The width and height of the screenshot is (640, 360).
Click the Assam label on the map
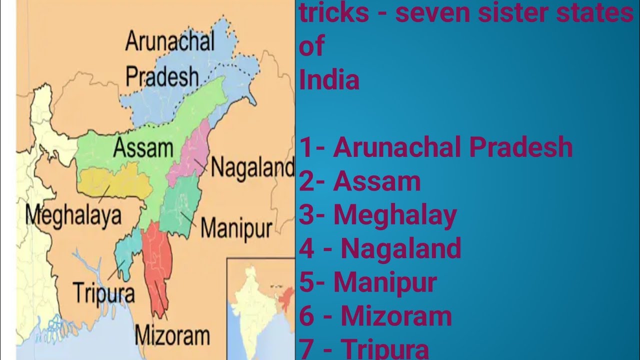click(143, 148)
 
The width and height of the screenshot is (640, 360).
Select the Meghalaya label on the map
click(73, 215)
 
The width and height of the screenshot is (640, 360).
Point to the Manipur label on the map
click(236, 228)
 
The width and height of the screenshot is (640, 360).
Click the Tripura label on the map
click(103, 291)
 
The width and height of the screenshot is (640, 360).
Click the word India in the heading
click(329, 80)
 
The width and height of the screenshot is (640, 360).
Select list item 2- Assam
click(360, 181)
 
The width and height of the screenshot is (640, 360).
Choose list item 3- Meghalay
click(378, 214)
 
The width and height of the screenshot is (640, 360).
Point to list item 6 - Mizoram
click(375, 315)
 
